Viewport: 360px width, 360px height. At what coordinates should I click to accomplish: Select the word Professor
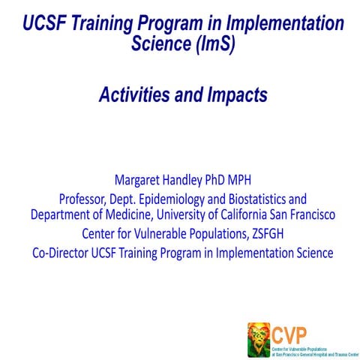(84, 199)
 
